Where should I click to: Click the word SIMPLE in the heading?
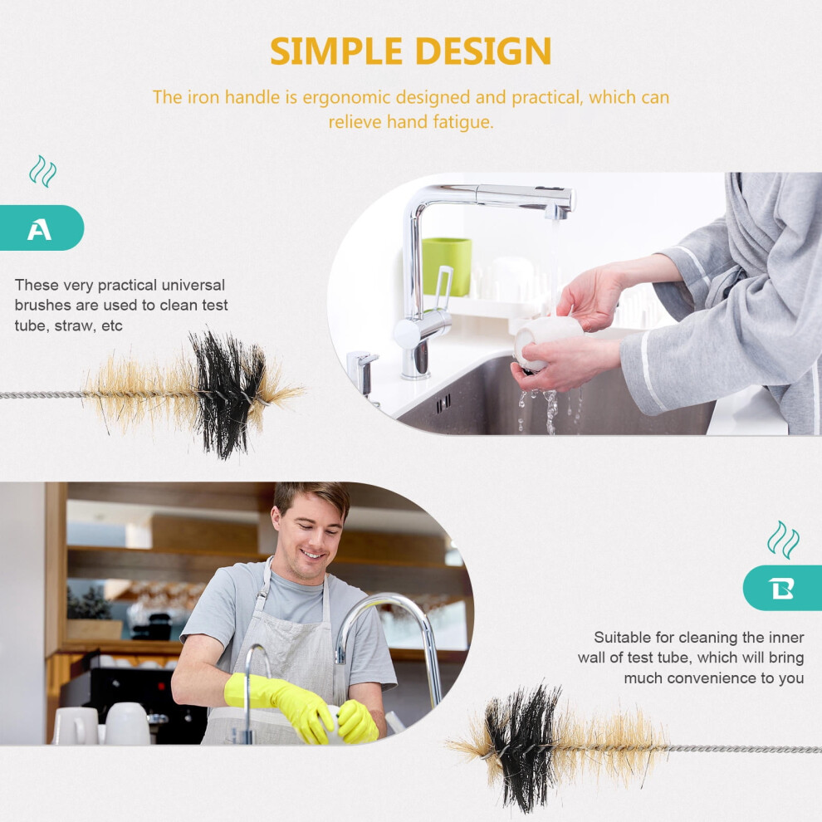coord(336,51)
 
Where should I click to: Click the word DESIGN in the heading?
coord(482,51)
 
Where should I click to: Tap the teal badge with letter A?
coord(42,228)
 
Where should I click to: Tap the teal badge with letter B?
coord(782,588)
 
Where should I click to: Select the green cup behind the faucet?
coord(447,267)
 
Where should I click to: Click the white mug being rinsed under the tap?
coord(546,342)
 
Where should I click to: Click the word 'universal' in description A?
coord(193,285)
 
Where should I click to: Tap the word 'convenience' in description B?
coord(714,678)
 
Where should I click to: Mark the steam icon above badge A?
coord(43,171)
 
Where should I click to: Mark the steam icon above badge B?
coord(783,540)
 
